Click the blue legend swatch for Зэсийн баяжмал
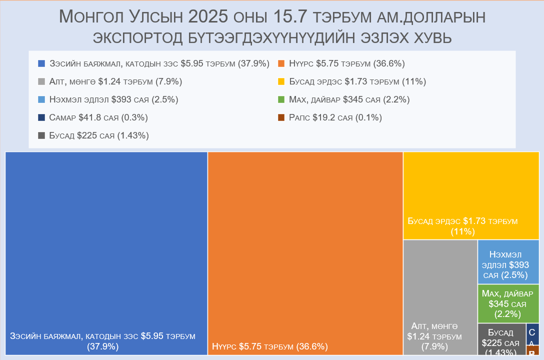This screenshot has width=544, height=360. pyautogui.click(x=42, y=64)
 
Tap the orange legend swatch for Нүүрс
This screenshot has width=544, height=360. pyautogui.click(x=281, y=64)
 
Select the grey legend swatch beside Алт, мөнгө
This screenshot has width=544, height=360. pyautogui.click(x=42, y=82)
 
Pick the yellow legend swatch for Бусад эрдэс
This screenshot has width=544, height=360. pyautogui.click(x=281, y=82)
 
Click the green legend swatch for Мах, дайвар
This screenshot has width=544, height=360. pyautogui.click(x=281, y=100)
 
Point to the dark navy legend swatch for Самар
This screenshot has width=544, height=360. pyautogui.click(x=42, y=118)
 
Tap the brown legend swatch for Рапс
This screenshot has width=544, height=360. pyautogui.click(x=281, y=118)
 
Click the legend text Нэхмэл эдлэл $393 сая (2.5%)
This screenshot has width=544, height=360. pyautogui.click(x=113, y=99)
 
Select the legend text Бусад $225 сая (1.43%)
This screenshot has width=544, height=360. pyautogui.click(x=98, y=135)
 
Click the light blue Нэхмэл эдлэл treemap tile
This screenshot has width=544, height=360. pyautogui.click(x=508, y=262)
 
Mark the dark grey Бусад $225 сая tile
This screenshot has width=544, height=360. pyautogui.click(x=501, y=339)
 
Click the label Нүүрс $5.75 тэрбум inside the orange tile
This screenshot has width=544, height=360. pyautogui.click(x=269, y=346)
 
